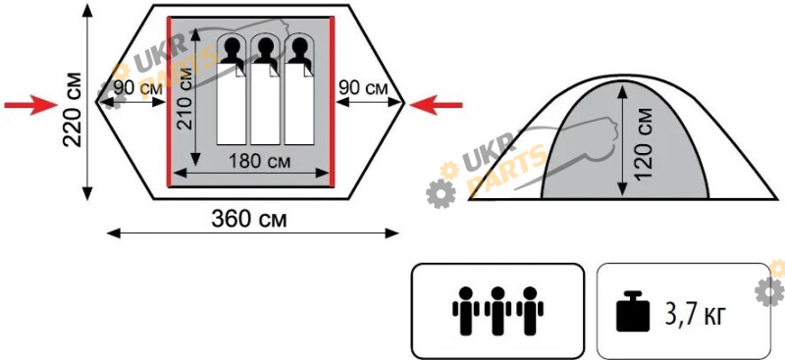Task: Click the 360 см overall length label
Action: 249,220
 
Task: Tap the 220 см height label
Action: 74,109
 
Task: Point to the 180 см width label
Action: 259,162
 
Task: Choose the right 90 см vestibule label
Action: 363,88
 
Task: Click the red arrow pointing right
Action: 31,105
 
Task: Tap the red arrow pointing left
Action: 436,105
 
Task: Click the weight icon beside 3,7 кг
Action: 633,311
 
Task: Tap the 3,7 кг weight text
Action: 695,316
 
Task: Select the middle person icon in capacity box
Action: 497,310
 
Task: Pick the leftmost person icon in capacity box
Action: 465,310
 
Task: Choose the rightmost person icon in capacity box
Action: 530,310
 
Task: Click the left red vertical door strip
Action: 169,102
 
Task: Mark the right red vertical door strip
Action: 332,102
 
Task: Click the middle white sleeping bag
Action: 265,104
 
